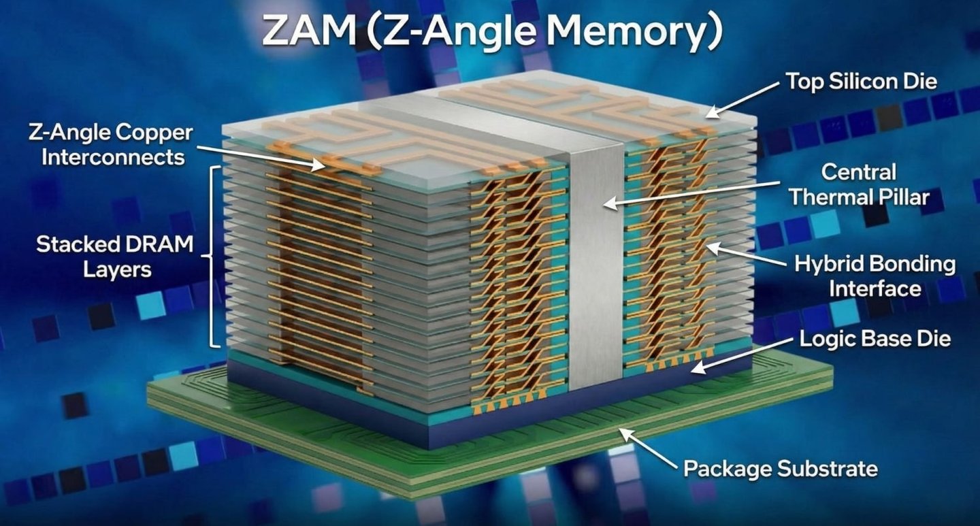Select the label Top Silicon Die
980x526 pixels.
coord(861,82)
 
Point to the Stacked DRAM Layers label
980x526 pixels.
coord(114,257)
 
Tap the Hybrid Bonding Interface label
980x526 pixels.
coord(875,276)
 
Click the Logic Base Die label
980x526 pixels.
coord(875,338)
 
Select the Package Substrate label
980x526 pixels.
coord(780,468)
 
